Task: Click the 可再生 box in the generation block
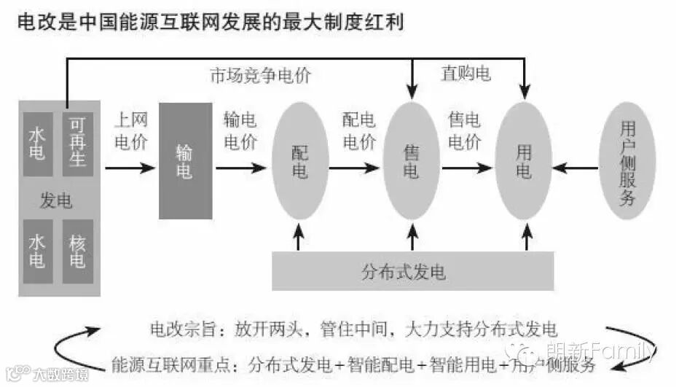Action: pos(77,144)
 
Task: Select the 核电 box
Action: pos(77,251)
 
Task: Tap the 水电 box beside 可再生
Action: pos(38,144)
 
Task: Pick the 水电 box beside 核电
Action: pos(38,251)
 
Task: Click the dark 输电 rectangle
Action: pos(185,161)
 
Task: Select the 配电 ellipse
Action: pos(300,161)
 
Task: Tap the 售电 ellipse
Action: pos(412,161)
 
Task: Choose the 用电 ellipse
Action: pos(524,161)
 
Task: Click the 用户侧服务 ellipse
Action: pos(627,161)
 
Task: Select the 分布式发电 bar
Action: pos(412,272)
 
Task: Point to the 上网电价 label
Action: pos(131,131)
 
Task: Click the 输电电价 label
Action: pos(240,131)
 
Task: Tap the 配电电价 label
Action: pos(359,130)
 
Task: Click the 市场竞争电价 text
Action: pos(260,75)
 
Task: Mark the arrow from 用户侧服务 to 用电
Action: pos(576,168)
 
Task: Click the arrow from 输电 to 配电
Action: pos(240,168)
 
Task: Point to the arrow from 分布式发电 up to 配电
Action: pos(298,238)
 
